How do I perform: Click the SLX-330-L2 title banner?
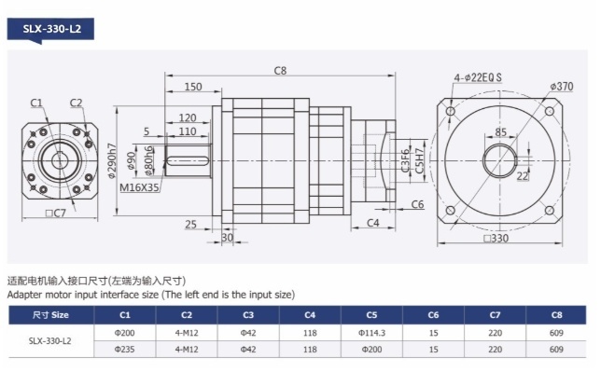[50, 30]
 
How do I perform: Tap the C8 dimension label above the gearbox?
[280, 71]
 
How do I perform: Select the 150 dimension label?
[193, 87]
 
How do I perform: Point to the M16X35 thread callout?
[139, 187]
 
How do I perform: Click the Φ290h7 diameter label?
[112, 161]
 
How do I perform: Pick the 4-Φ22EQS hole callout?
[478, 77]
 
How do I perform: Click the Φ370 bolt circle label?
[561, 86]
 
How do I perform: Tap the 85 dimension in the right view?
[500, 132]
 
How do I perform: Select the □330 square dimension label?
[496, 238]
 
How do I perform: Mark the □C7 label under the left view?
[56, 214]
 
